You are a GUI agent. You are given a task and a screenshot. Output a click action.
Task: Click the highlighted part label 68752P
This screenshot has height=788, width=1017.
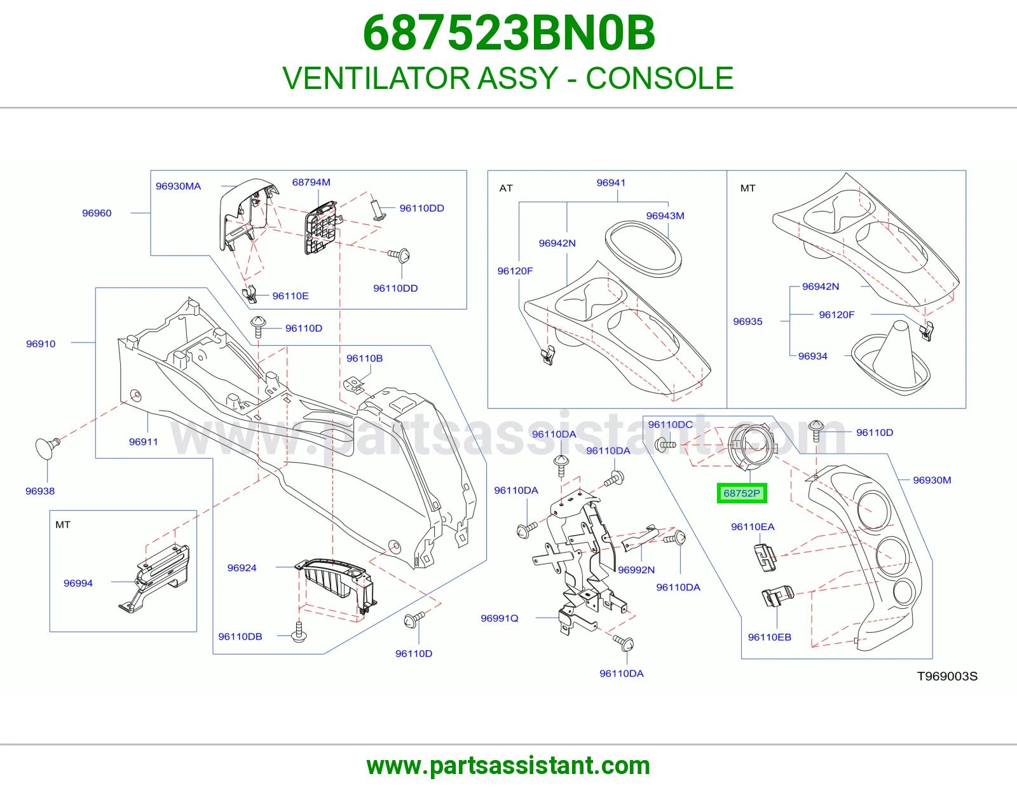tap(742, 493)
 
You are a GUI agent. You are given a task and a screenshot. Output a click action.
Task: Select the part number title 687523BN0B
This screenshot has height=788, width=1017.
tap(508, 33)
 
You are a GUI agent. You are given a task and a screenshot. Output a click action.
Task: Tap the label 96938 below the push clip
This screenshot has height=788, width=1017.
tap(40, 491)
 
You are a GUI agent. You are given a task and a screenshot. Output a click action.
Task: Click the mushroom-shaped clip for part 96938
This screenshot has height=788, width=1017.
tap(48, 447)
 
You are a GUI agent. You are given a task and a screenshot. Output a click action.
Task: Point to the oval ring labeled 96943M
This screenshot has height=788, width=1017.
tap(643, 249)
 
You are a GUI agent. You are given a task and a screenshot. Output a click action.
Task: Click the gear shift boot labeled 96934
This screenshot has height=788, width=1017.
tap(890, 358)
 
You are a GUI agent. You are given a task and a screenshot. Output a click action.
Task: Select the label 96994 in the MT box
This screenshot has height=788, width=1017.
tap(78, 583)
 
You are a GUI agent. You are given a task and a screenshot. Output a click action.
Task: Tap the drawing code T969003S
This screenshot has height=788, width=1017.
tap(947, 676)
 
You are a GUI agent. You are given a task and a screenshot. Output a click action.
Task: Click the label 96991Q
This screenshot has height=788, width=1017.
tap(500, 618)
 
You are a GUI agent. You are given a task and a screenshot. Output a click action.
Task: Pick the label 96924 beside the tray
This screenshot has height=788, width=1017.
tap(242, 567)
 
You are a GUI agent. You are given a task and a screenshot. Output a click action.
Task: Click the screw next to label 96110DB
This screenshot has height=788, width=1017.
tap(299, 631)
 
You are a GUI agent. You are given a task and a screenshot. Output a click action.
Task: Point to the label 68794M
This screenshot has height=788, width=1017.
tap(311, 182)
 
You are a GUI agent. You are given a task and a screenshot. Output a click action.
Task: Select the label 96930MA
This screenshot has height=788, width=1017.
tap(179, 186)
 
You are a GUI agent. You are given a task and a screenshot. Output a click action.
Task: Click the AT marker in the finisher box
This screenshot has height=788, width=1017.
tap(506, 188)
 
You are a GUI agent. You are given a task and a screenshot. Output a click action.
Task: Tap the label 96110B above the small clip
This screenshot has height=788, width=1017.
tap(365, 358)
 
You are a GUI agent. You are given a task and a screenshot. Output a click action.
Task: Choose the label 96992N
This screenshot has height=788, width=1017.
tap(636, 569)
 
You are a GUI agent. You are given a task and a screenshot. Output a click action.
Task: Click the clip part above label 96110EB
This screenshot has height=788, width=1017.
tap(777, 596)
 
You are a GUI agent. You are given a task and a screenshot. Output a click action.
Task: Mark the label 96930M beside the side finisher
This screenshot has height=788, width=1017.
tap(932, 480)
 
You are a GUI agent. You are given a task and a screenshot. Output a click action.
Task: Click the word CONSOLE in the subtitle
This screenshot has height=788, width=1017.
tap(659, 78)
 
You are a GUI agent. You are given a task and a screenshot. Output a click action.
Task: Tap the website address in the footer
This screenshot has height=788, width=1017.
tap(508, 766)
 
